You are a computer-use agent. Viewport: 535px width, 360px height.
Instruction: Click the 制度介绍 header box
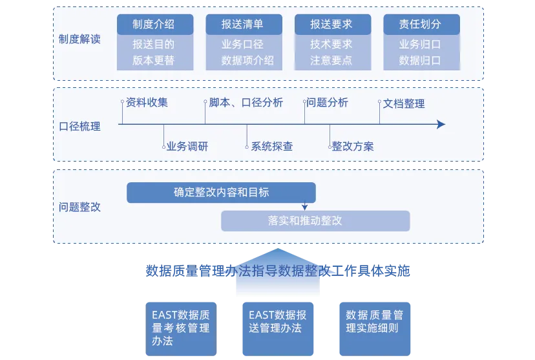154,25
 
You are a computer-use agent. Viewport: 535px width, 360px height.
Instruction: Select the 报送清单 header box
243,25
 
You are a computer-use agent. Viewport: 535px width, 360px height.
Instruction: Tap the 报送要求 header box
332,25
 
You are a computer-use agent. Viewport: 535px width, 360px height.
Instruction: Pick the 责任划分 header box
421,25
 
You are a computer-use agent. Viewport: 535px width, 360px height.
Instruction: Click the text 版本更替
154,61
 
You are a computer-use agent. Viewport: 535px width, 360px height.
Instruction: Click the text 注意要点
331,61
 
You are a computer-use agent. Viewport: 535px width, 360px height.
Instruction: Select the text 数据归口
420,61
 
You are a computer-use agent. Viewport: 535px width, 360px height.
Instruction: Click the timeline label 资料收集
147,103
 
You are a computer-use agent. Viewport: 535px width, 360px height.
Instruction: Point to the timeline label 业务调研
187,146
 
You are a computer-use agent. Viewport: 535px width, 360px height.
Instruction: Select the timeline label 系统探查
272,146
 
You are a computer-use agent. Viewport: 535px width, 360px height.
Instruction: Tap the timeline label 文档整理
404,103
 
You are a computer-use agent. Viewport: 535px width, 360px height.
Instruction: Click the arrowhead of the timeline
441,124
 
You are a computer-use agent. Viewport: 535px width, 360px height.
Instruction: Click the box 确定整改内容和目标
221,193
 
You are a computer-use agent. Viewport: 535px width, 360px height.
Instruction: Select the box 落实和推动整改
315,221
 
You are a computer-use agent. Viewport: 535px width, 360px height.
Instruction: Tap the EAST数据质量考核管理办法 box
181,328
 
